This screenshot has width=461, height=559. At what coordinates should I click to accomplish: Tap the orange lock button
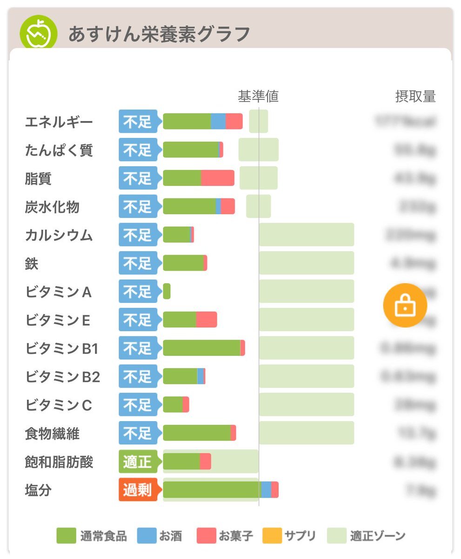405,305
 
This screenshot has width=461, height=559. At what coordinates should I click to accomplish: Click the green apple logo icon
38,34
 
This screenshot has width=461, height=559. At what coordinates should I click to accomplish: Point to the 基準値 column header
258,96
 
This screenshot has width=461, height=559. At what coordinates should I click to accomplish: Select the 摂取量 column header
415,96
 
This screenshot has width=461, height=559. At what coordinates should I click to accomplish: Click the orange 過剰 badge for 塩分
138,490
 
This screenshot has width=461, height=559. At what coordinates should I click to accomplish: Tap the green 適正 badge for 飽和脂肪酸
138,462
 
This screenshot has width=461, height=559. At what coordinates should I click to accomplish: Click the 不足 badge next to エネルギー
138,122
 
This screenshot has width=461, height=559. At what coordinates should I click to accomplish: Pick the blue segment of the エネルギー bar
218,122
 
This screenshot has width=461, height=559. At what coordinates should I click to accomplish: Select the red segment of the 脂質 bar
218,178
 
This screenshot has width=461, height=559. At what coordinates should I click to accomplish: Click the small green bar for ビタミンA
167,292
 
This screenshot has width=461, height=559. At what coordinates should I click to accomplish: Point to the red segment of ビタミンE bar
207,320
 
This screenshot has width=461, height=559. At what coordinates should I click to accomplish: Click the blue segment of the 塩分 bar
266,490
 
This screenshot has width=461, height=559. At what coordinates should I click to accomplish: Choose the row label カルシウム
59,235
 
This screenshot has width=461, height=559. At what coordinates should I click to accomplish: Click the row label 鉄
32,264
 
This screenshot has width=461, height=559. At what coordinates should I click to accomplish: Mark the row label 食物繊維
52,434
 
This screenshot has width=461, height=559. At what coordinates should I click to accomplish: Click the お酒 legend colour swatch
147,536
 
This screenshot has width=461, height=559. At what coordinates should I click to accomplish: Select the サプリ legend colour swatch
272,536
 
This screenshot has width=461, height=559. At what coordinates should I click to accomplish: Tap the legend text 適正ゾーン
378,536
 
